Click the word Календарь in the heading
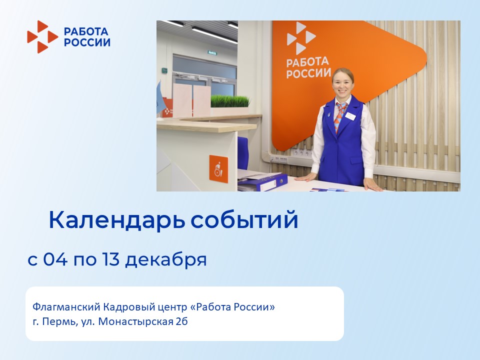click(x=117, y=220)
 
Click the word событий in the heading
click(x=244, y=219)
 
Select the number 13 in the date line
click(x=110, y=259)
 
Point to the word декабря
click(x=166, y=259)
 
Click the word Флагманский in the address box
click(x=66, y=306)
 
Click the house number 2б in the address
click(x=181, y=321)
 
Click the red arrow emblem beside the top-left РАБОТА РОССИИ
click(x=42, y=36)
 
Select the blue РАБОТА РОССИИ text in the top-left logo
click(x=87, y=36)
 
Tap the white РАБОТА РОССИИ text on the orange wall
click(x=308, y=67)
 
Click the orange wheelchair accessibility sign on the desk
click(x=218, y=169)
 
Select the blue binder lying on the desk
click(x=262, y=182)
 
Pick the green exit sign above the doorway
click(x=212, y=52)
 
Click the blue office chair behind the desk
click(x=243, y=153)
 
